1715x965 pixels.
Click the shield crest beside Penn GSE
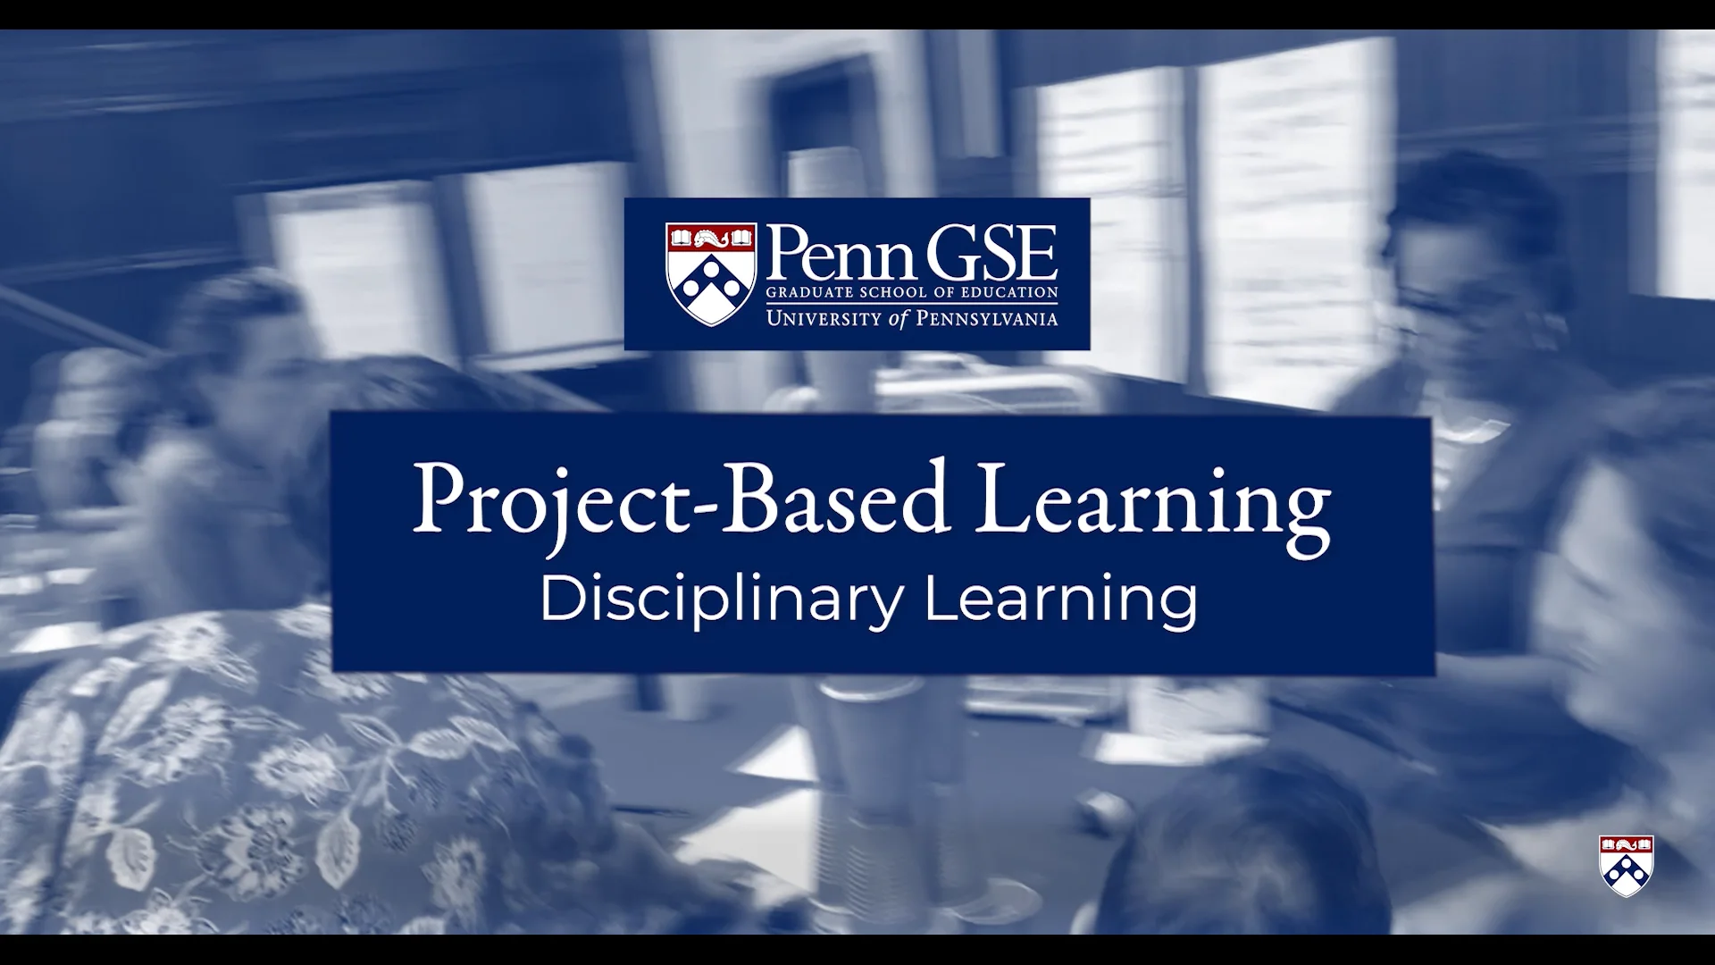coord(711,274)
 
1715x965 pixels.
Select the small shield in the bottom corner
coord(1626,866)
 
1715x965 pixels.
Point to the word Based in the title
coord(835,497)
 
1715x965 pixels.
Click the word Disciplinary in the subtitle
coord(723,600)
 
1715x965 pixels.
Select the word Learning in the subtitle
coord(1061,600)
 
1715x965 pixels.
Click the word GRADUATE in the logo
coord(809,292)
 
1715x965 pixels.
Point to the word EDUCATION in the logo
coord(1010,292)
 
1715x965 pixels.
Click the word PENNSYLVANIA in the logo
coord(987,318)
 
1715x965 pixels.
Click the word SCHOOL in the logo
coord(892,292)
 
